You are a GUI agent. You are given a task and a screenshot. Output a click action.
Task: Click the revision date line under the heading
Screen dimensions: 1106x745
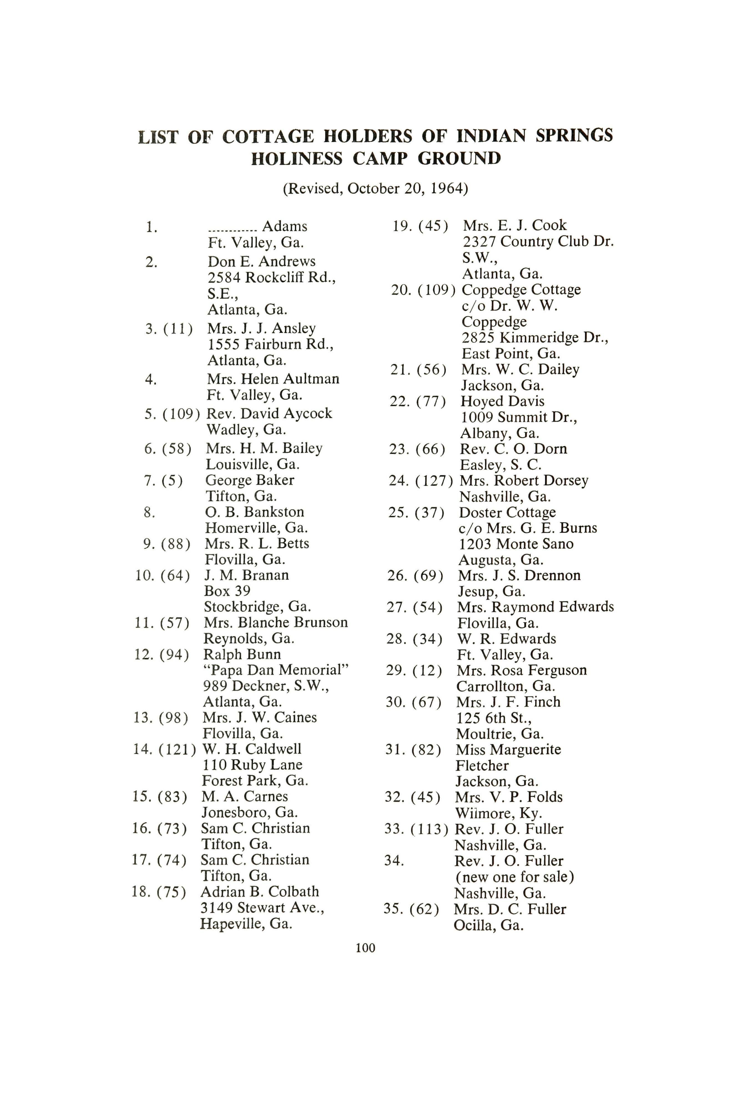pyautogui.click(x=375, y=189)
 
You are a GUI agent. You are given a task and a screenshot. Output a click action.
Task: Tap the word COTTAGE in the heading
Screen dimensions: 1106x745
pyautogui.click(x=268, y=137)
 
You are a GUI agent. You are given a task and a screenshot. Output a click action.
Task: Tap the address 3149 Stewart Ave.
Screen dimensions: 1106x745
pyautogui.click(x=262, y=908)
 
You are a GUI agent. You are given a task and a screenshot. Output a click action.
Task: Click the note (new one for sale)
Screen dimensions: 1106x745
pyautogui.click(x=514, y=877)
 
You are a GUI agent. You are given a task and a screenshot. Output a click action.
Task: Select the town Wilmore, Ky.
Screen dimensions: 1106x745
pyautogui.click(x=498, y=813)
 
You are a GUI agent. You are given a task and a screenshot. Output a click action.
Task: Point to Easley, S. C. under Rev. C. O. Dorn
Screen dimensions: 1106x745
pyautogui.click(x=500, y=465)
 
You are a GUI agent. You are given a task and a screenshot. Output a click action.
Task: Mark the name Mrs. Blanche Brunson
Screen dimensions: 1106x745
pyautogui.click(x=276, y=623)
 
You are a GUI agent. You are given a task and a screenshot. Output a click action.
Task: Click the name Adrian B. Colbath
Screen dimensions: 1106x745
pyautogui.click(x=259, y=892)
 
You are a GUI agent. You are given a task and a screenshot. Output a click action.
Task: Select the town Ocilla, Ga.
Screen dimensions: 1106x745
pyautogui.click(x=488, y=925)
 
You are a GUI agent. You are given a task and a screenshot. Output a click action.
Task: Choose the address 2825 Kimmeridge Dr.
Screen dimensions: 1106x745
pyautogui.click(x=534, y=338)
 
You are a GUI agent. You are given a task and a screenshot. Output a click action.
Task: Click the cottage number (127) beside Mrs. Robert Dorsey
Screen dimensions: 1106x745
pyautogui.click(x=434, y=481)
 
